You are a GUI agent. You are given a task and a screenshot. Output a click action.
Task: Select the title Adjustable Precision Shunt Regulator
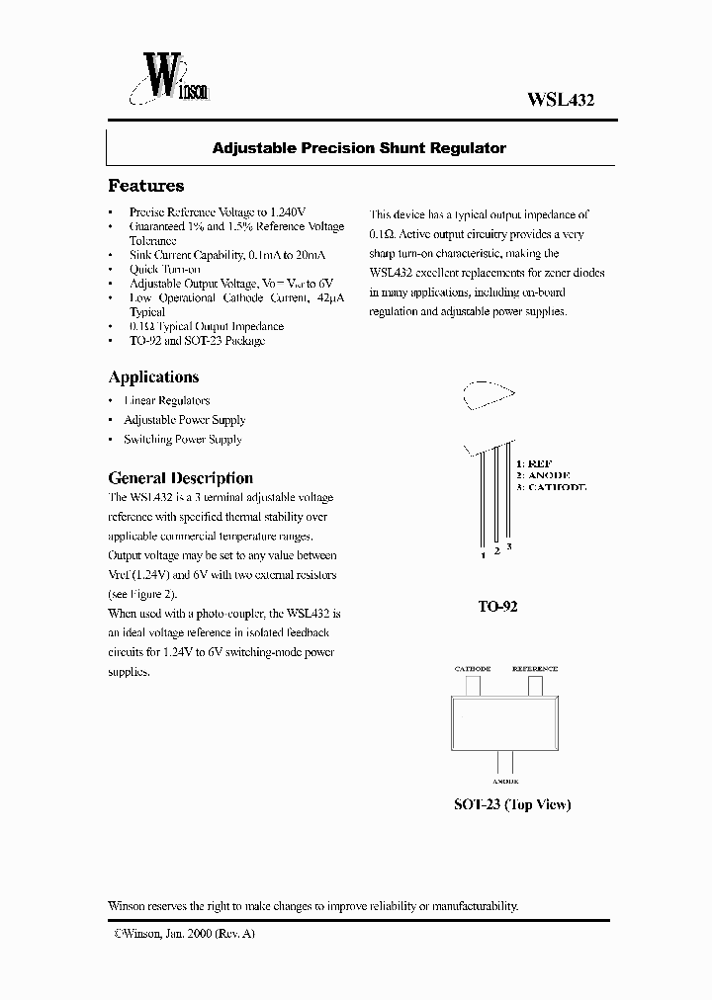[x=359, y=148]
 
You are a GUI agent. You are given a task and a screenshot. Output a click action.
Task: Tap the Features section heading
[x=145, y=186]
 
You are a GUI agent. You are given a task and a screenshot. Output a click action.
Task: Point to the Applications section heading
[x=153, y=376]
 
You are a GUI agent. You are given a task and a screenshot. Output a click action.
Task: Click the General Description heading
[x=180, y=477]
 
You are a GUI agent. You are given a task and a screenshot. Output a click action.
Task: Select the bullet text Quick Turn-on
[x=164, y=269]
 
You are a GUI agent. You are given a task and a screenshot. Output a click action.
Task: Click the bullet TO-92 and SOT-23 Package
[x=197, y=341]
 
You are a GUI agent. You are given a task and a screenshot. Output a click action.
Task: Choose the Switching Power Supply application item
[x=182, y=440]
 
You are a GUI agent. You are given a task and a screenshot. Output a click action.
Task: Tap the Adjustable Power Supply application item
[x=184, y=420]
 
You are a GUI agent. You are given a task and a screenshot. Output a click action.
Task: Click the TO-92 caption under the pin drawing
[x=497, y=607]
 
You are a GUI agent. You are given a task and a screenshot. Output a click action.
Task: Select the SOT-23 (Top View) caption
[x=512, y=804]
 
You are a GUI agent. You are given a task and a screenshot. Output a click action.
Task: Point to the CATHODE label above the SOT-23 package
[x=473, y=669]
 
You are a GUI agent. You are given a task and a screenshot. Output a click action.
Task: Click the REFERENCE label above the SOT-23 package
[x=534, y=669]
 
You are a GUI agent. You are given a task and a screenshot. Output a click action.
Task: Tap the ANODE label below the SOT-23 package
[x=503, y=781]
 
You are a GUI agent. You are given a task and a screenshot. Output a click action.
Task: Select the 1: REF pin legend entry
[x=534, y=462]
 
